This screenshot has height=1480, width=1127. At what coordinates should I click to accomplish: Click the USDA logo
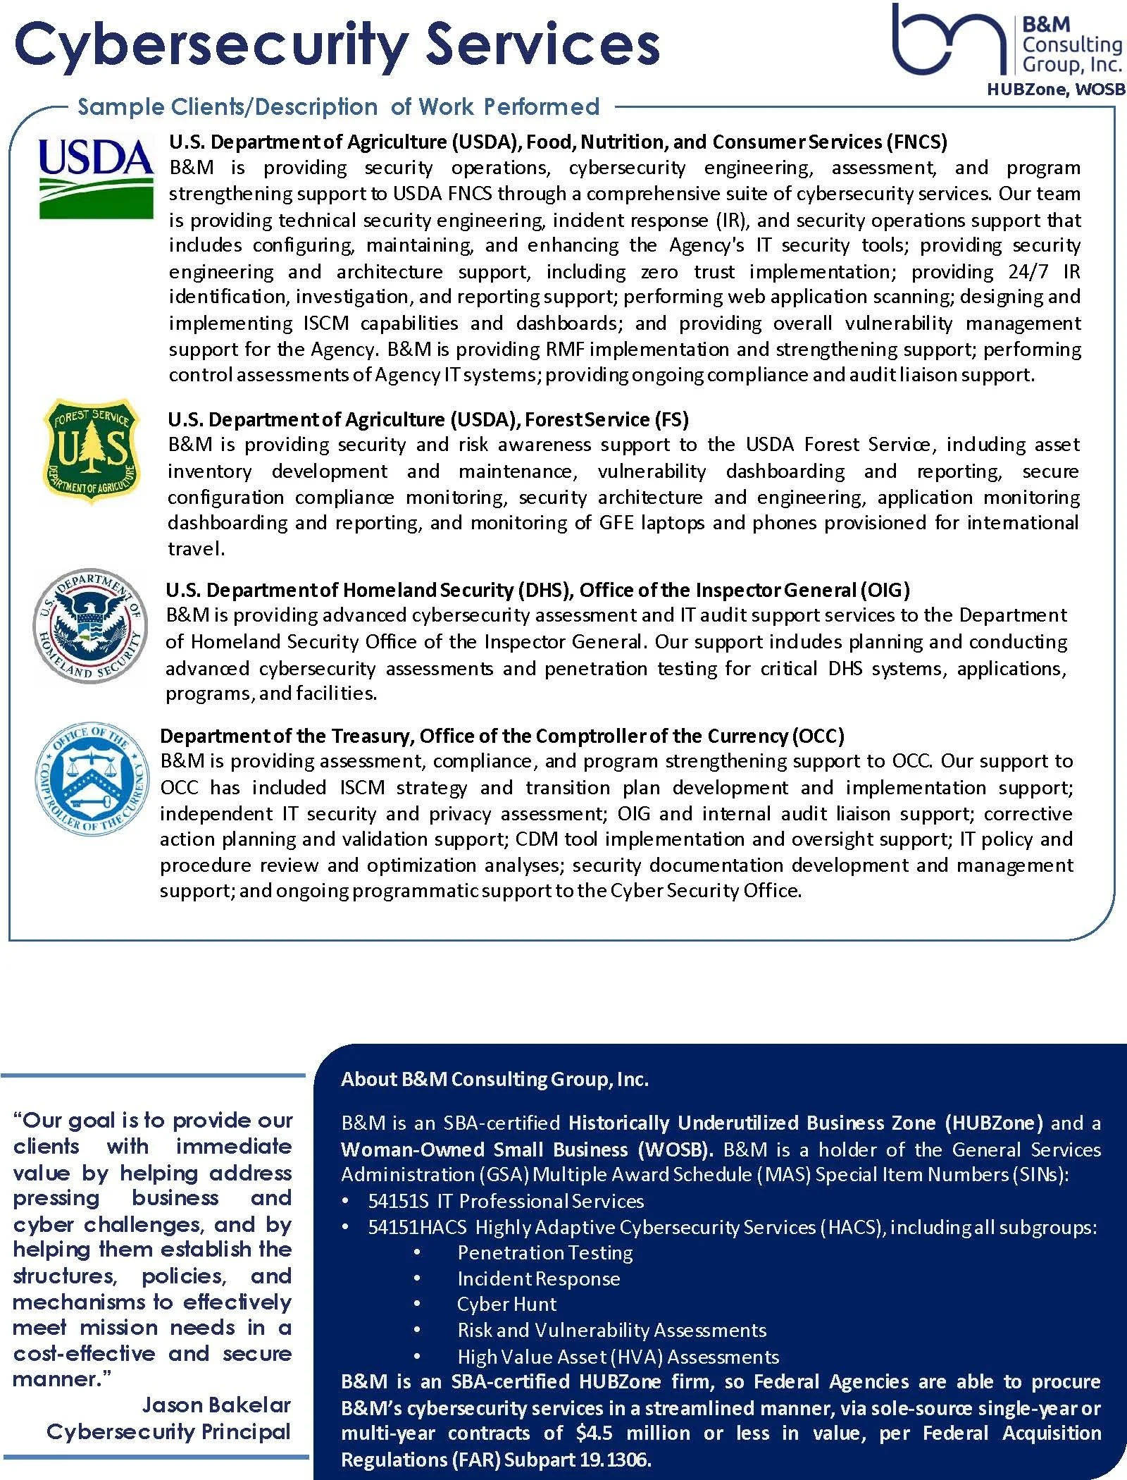(x=96, y=176)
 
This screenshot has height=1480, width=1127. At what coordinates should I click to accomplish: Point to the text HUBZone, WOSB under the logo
(x=1055, y=90)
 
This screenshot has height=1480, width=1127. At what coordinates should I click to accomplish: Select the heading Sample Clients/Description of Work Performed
(x=338, y=107)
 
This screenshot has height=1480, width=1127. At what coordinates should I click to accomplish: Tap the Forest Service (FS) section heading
(x=428, y=419)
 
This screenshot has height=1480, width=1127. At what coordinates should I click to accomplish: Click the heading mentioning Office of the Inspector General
(x=537, y=590)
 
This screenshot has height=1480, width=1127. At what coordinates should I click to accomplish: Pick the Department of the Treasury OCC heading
(x=502, y=736)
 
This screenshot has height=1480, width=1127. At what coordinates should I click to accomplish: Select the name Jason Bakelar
(x=216, y=1405)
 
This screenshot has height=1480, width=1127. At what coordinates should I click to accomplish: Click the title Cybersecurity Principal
(x=168, y=1431)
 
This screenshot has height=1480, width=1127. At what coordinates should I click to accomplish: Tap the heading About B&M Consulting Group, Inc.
(x=494, y=1079)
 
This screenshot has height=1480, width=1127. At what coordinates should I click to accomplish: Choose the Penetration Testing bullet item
(x=544, y=1252)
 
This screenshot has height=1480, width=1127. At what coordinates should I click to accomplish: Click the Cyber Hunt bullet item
(x=506, y=1304)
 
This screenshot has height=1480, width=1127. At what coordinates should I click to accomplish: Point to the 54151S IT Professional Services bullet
(x=505, y=1201)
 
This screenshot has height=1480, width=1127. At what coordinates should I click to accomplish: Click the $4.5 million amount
(x=635, y=1433)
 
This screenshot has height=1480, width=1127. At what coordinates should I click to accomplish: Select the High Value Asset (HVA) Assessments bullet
(x=618, y=1357)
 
